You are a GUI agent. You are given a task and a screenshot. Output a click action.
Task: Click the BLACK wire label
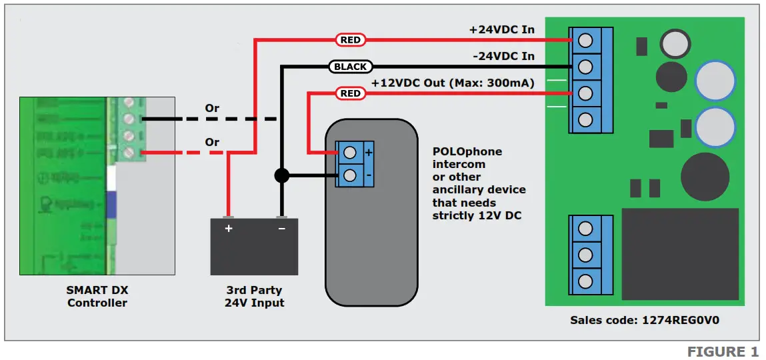pos(350,67)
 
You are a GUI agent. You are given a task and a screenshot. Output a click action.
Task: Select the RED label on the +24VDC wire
pos(351,40)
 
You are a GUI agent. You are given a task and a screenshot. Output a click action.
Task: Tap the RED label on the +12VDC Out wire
pos(351,93)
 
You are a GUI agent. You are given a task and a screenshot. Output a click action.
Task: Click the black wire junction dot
pos(281,176)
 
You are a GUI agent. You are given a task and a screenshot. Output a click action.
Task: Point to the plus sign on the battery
pos(229,229)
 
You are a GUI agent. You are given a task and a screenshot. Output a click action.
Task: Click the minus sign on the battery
pos(281,229)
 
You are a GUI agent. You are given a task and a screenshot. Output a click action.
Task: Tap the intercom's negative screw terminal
pos(349,176)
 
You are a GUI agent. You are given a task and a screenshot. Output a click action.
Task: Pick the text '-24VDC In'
pos(503,57)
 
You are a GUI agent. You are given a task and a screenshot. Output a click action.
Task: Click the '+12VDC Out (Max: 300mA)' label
pos(453,83)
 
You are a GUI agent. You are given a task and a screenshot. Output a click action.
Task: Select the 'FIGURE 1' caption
pos(723,351)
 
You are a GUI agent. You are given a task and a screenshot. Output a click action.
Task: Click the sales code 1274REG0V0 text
pos(644,320)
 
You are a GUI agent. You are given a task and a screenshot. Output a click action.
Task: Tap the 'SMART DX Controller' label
pos(97,296)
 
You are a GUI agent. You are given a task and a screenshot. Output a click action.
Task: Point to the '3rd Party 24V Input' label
pos(254,296)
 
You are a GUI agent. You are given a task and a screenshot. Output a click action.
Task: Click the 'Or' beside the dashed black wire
pos(212,108)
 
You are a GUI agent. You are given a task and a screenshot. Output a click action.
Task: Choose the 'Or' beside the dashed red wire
pos(212,142)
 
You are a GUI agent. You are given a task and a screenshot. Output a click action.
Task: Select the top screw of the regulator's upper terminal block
pos(585,41)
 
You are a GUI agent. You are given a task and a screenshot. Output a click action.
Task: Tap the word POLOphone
pos(467,151)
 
